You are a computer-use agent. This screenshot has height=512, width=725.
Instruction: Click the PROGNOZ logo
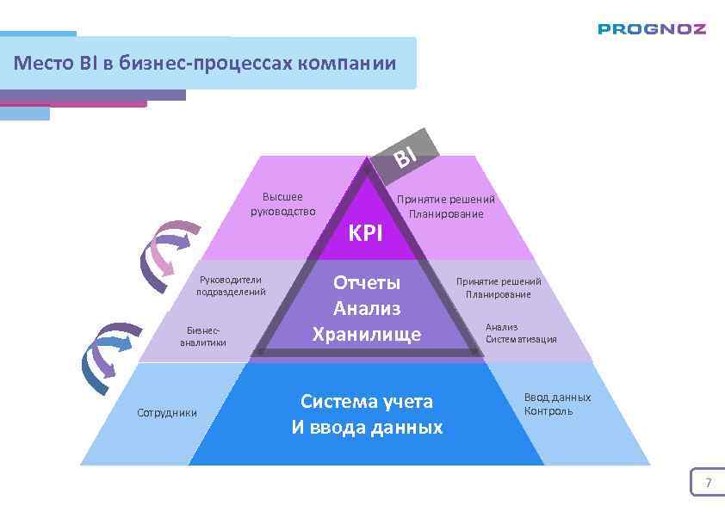tap(652, 28)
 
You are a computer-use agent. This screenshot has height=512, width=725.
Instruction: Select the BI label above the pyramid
tap(405, 156)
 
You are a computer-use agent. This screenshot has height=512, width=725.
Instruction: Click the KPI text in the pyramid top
tap(365, 232)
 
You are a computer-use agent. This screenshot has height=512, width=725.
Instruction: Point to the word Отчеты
tap(367, 282)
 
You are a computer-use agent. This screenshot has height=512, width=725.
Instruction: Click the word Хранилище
tap(367, 334)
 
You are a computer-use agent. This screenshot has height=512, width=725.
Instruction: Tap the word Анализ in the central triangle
tap(367, 308)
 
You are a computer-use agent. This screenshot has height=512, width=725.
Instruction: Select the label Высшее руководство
tap(282, 205)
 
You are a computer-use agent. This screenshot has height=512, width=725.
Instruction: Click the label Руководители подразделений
tap(230, 286)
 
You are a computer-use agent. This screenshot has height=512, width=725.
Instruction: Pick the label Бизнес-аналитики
tap(203, 336)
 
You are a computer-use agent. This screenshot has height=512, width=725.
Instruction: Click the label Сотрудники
tap(167, 413)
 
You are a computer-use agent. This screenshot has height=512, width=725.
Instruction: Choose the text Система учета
tap(367, 401)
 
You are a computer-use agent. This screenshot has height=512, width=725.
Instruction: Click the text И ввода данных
tap(367, 427)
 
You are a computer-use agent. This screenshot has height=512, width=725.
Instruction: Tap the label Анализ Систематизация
tap(520, 333)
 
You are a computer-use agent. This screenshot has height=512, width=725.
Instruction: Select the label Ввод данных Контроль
tap(557, 404)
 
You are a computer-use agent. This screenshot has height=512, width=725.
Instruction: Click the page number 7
tap(708, 483)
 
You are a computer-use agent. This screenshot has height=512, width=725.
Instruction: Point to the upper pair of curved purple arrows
tap(170, 255)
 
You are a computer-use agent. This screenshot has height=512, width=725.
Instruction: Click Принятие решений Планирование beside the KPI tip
tap(445, 207)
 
